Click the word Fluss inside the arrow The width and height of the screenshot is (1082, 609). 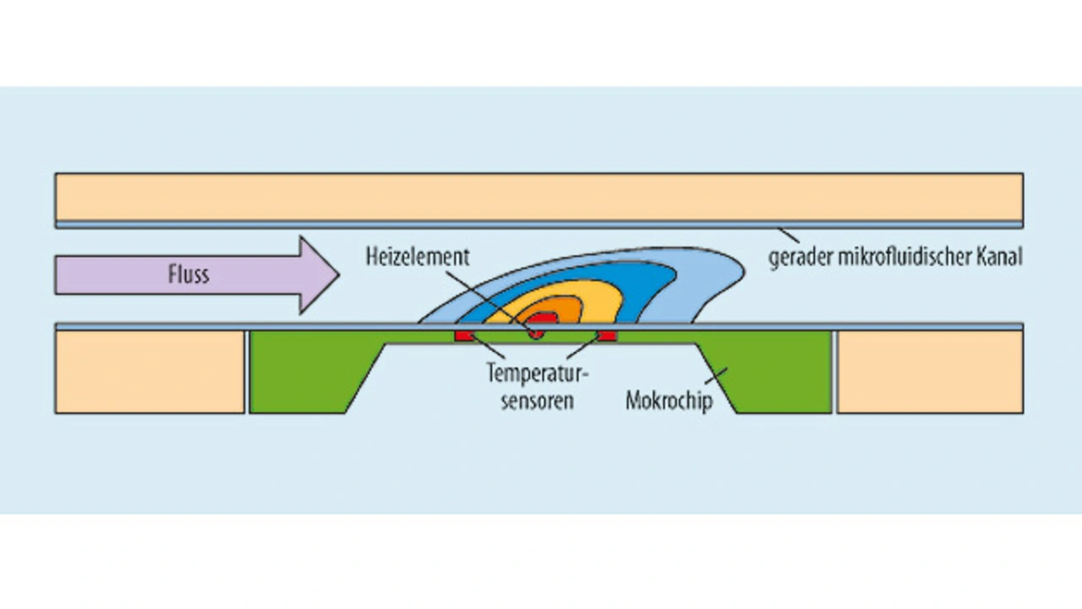189,275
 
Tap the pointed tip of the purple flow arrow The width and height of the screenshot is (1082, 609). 339,275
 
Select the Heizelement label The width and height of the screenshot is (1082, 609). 418,257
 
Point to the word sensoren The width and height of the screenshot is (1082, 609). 537,401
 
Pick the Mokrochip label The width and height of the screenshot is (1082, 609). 669,400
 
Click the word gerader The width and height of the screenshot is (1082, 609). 801,258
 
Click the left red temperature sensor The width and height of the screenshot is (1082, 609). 464,336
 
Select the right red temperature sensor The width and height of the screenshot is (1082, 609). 607,336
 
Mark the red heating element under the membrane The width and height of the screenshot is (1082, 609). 536,334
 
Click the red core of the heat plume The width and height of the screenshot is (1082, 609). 542,318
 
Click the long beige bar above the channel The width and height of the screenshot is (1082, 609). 539,197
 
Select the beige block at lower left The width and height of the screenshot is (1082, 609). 150,372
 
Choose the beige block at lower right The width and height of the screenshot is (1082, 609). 931,372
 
